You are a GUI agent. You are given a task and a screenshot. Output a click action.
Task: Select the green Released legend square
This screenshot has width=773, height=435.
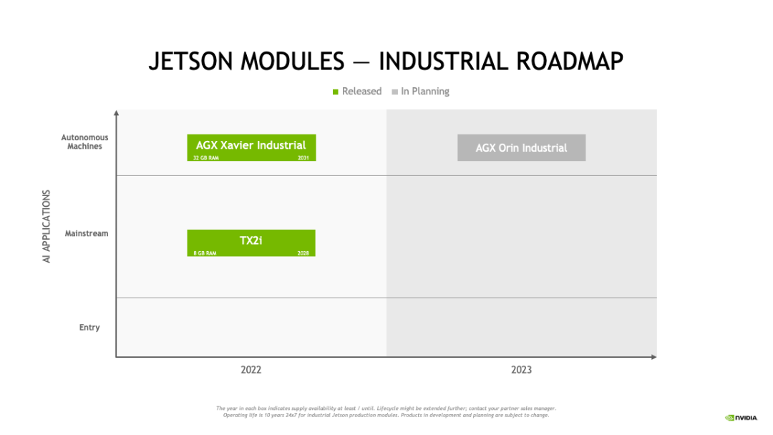[x=336, y=92]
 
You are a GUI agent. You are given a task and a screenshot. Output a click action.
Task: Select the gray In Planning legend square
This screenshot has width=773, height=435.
[x=394, y=92]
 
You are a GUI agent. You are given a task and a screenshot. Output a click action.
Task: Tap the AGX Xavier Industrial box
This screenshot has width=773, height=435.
[x=251, y=146]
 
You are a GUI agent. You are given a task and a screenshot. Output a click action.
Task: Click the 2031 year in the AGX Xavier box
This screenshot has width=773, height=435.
[x=303, y=157]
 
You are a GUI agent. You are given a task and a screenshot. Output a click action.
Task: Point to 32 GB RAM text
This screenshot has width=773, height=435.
[x=206, y=157]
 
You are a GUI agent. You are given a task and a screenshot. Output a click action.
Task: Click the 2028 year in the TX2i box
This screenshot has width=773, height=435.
[x=303, y=253]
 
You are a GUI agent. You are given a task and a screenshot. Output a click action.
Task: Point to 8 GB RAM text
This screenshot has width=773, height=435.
[x=205, y=253]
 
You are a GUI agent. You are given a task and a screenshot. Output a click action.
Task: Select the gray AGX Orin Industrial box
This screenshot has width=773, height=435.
[x=521, y=147]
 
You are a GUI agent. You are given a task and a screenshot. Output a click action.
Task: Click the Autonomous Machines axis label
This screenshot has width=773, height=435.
[x=84, y=142]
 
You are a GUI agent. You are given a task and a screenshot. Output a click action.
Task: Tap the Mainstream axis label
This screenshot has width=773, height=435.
[x=87, y=233]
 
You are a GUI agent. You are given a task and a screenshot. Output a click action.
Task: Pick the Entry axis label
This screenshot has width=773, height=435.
[x=89, y=328]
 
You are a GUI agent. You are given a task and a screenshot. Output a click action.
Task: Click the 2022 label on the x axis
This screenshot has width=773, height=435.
[x=251, y=370]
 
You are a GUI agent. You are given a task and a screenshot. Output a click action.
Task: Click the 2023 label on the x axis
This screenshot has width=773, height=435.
[x=521, y=370]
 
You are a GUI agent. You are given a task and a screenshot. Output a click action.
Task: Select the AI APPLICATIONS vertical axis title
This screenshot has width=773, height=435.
[x=47, y=226]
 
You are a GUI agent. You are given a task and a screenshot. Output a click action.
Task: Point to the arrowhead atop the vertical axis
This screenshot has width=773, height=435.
[x=116, y=112]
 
